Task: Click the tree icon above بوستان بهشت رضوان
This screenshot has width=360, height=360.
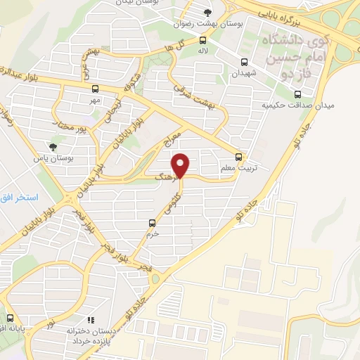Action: coord(207,12)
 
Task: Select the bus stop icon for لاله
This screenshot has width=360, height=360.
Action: coord(202,40)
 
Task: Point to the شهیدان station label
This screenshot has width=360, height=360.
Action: coord(244,73)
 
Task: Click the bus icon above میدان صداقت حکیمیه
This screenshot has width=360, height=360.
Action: coord(298,94)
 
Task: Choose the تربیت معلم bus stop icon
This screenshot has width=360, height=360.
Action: coord(239,156)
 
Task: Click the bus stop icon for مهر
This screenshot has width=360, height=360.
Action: coord(95,89)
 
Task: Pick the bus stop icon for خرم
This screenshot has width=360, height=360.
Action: coord(152,223)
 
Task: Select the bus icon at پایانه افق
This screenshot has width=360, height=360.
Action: coord(9,316)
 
